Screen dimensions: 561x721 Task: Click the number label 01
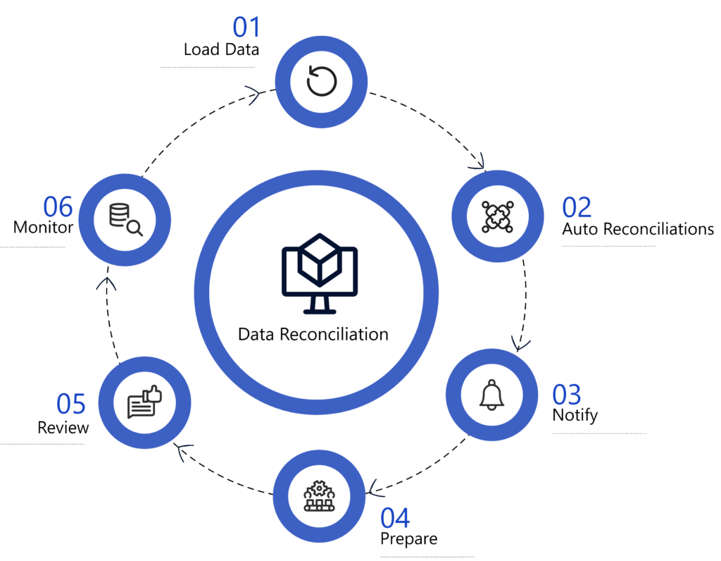pyautogui.click(x=246, y=28)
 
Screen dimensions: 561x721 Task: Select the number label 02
pyautogui.click(x=577, y=208)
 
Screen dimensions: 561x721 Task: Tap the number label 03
pyautogui.click(x=567, y=395)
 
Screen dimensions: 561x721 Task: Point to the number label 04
pyautogui.click(x=396, y=518)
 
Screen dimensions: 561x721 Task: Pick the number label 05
pyautogui.click(x=71, y=404)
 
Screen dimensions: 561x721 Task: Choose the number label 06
pyautogui.click(x=58, y=207)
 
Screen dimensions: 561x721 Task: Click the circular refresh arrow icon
pyautogui.click(x=322, y=82)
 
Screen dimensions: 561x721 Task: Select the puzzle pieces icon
pyautogui.click(x=498, y=216)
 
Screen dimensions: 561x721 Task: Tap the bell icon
pyautogui.click(x=492, y=395)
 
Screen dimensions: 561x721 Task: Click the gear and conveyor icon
pyautogui.click(x=320, y=496)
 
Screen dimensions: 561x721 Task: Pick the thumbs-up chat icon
pyautogui.click(x=144, y=403)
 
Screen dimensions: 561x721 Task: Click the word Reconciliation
pyautogui.click(x=334, y=333)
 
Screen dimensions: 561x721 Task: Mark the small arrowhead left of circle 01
pyautogui.click(x=253, y=96)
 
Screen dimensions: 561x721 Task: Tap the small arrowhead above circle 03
pyautogui.click(x=521, y=344)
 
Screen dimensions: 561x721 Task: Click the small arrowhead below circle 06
pyautogui.click(x=106, y=284)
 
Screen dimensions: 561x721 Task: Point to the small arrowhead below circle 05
pyautogui.click(x=186, y=452)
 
